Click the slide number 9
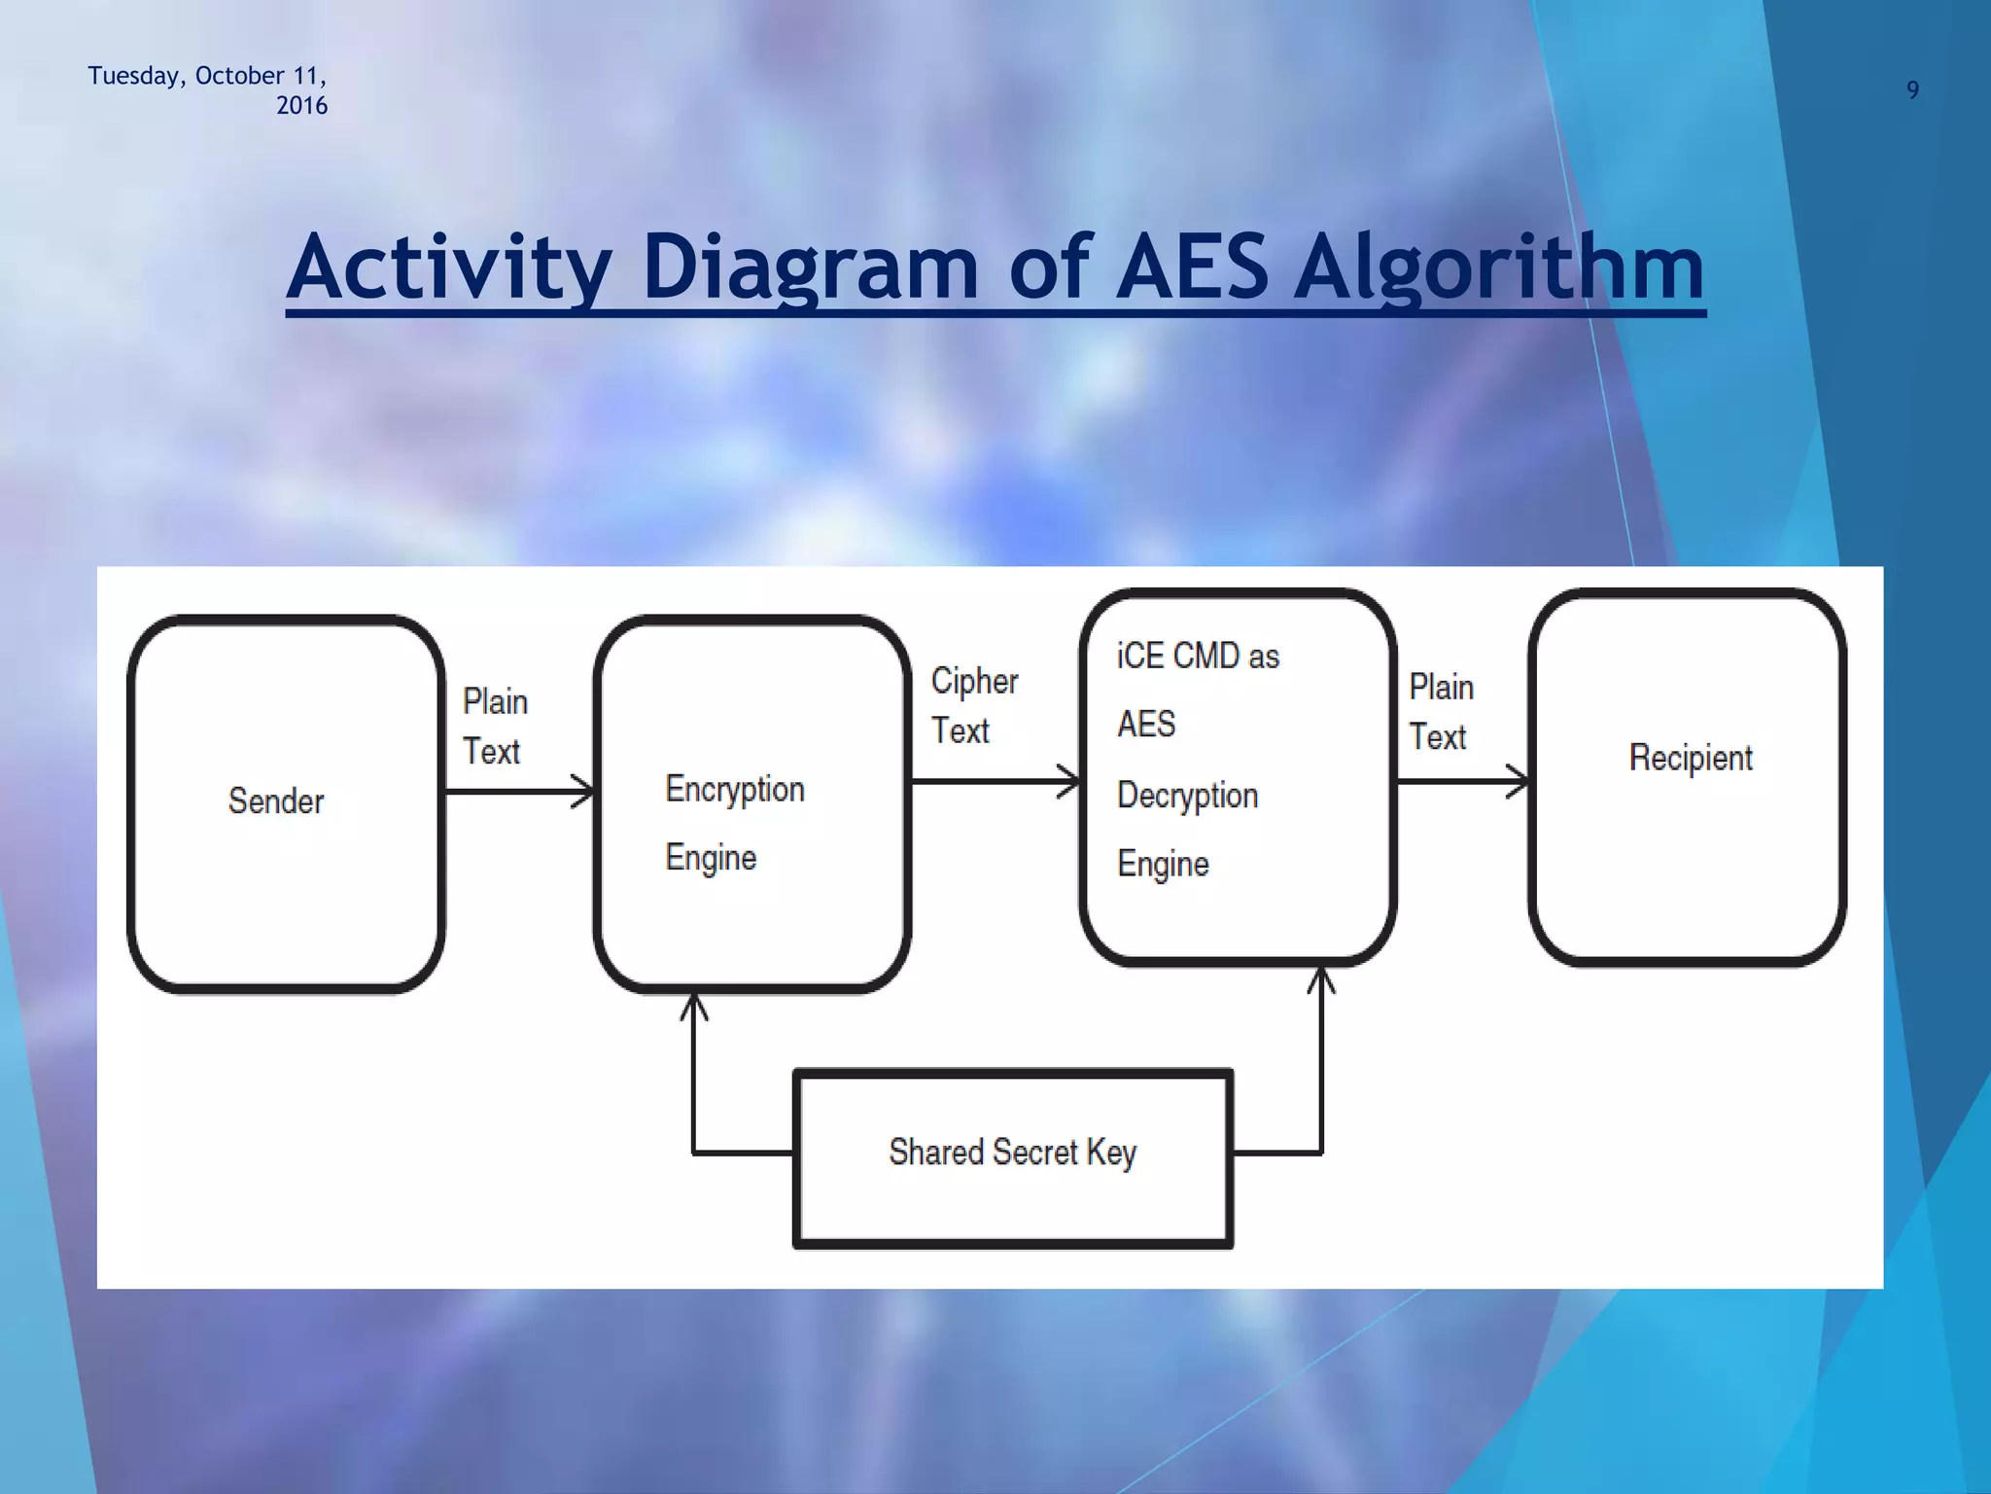1911,90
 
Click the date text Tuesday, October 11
207,76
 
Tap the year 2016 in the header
301,106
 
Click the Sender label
275,800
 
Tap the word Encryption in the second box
734,789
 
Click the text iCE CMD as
1197,657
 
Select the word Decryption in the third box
1187,796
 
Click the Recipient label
1690,758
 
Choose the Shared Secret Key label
1012,1153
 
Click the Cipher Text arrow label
973,706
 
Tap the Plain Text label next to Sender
494,726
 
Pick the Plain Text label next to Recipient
1441,712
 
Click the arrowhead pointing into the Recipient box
1518,781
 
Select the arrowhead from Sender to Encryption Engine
582,792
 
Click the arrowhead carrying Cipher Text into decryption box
1068,781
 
